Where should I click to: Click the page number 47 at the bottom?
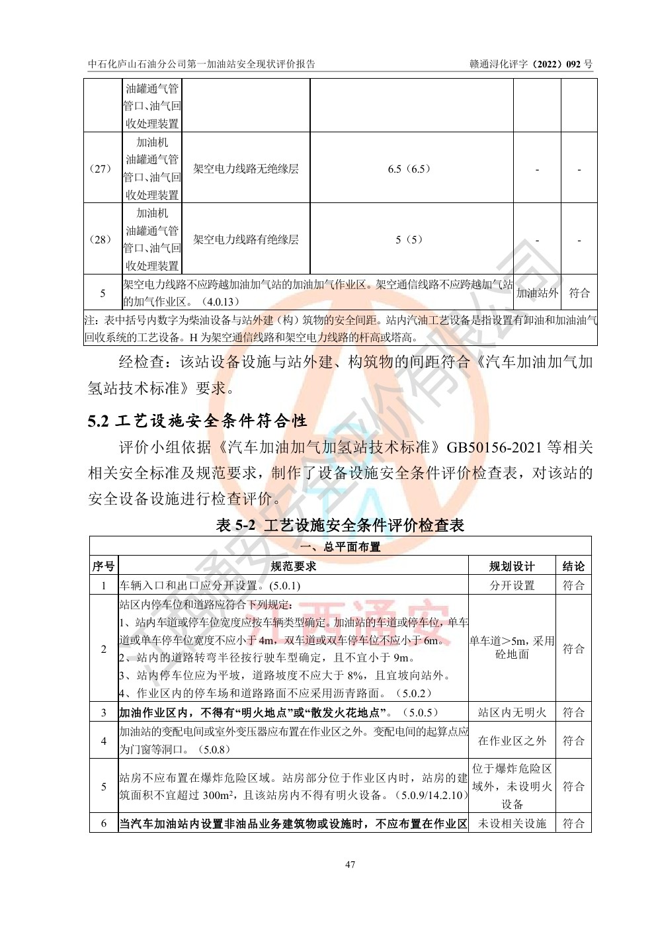point(350,864)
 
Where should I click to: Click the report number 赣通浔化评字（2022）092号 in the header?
point(530,64)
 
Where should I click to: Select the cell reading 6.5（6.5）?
point(409,169)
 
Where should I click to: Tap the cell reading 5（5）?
point(409,239)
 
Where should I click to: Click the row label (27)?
point(100,169)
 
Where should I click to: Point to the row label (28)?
point(100,239)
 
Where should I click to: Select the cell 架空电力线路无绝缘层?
point(245,169)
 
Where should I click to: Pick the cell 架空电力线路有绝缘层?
point(245,239)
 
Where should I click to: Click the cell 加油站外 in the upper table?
point(537,293)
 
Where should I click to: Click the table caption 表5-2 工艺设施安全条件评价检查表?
point(341,525)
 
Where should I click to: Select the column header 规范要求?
point(294,566)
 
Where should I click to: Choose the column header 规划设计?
point(512,566)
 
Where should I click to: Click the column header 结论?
point(573,566)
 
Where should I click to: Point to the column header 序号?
point(103,566)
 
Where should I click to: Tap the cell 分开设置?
point(512,585)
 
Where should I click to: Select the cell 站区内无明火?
point(512,712)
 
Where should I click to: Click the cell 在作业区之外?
point(512,741)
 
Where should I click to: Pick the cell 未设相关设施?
point(512,823)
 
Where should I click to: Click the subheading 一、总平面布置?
point(341,547)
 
